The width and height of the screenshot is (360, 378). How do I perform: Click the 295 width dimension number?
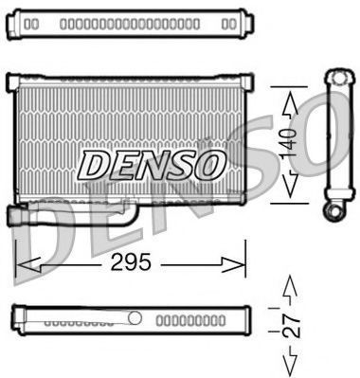click(131, 262)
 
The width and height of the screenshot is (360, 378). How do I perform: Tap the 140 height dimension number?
click(289, 144)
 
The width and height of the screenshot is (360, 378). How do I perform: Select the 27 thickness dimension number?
click(291, 325)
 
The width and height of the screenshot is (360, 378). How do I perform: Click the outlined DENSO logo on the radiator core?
click(153, 165)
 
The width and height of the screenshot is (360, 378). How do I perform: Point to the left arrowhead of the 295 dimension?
click(27, 264)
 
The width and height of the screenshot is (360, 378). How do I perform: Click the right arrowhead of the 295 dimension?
click(234, 264)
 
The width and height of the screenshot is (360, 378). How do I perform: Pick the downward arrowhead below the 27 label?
click(290, 362)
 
